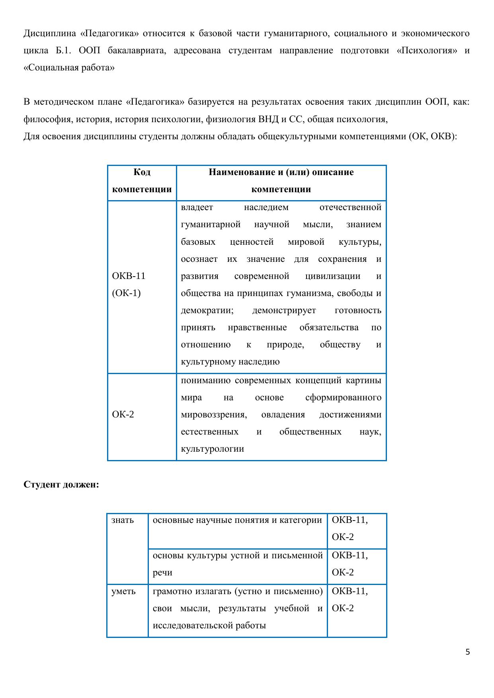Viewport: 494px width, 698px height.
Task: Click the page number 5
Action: click(468, 652)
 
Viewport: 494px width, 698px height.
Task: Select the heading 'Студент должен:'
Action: click(61, 485)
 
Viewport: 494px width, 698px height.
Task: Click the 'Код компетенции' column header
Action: click(142, 181)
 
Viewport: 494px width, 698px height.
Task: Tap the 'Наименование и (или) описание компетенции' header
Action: click(281, 181)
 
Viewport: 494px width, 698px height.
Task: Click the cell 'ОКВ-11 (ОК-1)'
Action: click(129, 285)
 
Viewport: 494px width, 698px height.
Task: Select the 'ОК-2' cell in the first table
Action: click(123, 415)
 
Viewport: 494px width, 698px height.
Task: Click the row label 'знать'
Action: click(123, 520)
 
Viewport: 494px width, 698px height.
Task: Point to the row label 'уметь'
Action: click(123, 591)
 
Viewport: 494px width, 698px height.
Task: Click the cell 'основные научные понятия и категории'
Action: click(237, 520)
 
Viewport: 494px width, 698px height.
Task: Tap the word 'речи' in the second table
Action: click(162, 573)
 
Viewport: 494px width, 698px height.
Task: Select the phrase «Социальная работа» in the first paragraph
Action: click(69, 68)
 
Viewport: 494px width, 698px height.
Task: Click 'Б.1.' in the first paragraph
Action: click(62, 51)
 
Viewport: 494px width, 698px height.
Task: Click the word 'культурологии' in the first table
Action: click(212, 449)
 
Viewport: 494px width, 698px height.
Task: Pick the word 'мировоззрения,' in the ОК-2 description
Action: click(214, 415)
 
